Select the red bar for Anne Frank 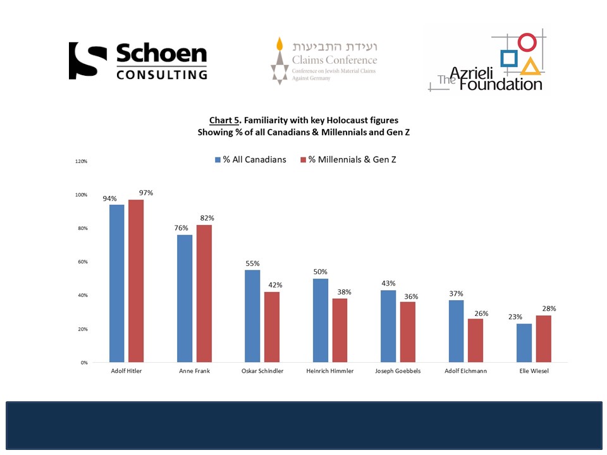204,293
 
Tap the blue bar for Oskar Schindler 252,316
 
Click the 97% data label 146,193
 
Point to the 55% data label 253,264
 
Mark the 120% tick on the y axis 81,161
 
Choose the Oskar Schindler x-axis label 262,371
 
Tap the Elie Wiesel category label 533,371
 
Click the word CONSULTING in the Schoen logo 162,74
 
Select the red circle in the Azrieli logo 527,42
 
